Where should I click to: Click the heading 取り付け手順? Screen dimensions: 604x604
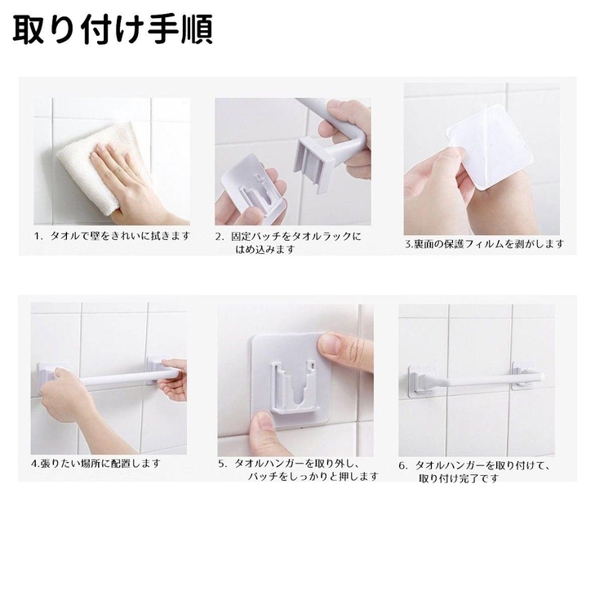[x=113, y=30]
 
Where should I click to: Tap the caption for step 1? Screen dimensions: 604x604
[x=112, y=236]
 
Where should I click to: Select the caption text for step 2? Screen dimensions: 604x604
[x=288, y=242]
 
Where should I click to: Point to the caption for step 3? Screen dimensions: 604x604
[x=484, y=244]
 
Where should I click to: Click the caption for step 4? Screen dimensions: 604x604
[x=95, y=463]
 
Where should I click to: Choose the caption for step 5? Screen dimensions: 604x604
[x=299, y=470]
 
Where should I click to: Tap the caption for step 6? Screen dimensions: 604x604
[x=474, y=472]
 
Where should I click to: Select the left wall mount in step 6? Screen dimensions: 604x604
[x=421, y=379]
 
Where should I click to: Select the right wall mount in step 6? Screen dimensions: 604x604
[x=525, y=375]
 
